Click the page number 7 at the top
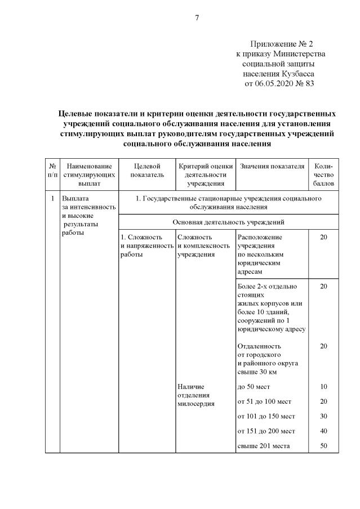197,17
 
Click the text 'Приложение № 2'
281,43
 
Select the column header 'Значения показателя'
272,166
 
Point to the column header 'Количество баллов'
324,175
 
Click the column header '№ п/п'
52,171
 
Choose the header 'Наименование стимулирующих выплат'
88,175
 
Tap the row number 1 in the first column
52,199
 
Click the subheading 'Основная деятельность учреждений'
228,222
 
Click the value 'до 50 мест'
254,387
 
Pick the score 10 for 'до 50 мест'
323,387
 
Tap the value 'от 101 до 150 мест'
266,416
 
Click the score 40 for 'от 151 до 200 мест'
323,431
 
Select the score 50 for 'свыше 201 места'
323,446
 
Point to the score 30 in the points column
323,416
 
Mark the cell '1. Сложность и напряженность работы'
146,245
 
